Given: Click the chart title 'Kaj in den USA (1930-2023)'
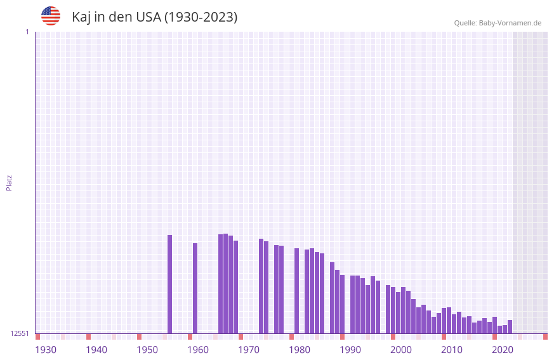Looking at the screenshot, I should pyautogui.click(x=154, y=17).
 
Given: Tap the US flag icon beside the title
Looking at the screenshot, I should pyautogui.click(x=51, y=16).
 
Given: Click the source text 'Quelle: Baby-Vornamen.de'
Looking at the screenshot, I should pyautogui.click(x=498, y=23).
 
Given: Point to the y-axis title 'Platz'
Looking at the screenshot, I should pyautogui.click(x=9, y=182).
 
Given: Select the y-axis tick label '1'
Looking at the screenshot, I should pyautogui.click(x=27, y=32).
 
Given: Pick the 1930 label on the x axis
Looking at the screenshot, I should pyautogui.click(x=46, y=350).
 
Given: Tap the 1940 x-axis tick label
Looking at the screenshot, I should pyautogui.click(x=96, y=350).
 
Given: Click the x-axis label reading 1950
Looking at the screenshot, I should pyautogui.click(x=147, y=350).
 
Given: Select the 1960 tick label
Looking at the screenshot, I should pyautogui.click(x=198, y=350).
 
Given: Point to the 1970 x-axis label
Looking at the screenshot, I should pyautogui.click(x=249, y=350).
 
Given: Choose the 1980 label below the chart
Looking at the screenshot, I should pyautogui.click(x=300, y=350).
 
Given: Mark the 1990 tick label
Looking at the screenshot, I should pyautogui.click(x=350, y=350).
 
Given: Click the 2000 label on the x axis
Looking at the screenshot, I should pyautogui.click(x=401, y=350).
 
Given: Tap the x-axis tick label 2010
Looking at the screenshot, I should pyautogui.click(x=452, y=350).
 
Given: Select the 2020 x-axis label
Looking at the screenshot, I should pyautogui.click(x=503, y=350).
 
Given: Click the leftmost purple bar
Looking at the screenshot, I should pyautogui.click(x=169, y=284).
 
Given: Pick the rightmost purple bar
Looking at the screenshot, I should pyautogui.click(x=510, y=326).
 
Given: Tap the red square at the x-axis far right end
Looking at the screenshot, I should pyautogui.click(x=545, y=337).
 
